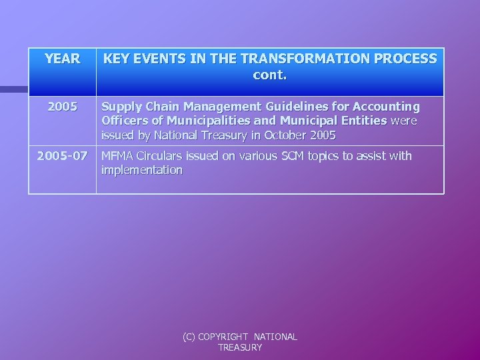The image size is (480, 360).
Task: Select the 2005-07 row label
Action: coord(61,156)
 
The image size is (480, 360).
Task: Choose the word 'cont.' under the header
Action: coord(270,75)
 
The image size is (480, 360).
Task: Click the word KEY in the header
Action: coord(117,59)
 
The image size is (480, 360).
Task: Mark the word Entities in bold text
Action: coord(359,121)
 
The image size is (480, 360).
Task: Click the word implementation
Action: coord(141,170)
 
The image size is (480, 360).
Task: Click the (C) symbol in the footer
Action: coord(191,337)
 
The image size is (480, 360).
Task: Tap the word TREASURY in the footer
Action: coord(240,347)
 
